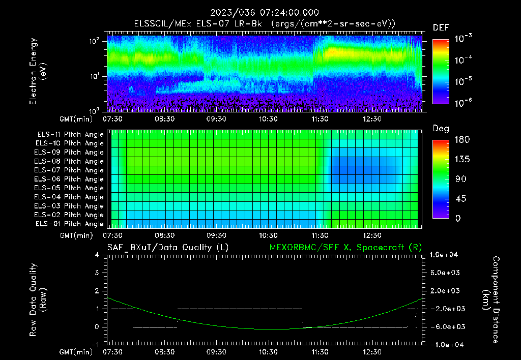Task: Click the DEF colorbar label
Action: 440,27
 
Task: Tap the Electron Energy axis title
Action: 38,71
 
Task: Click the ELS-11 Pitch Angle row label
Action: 70,135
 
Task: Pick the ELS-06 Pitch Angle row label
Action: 70,179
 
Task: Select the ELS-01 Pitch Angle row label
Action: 70,224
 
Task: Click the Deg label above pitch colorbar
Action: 440,129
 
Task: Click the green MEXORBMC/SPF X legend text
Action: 345,247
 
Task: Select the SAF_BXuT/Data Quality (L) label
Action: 167,247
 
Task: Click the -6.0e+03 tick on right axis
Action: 448,326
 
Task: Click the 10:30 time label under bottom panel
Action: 268,352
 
